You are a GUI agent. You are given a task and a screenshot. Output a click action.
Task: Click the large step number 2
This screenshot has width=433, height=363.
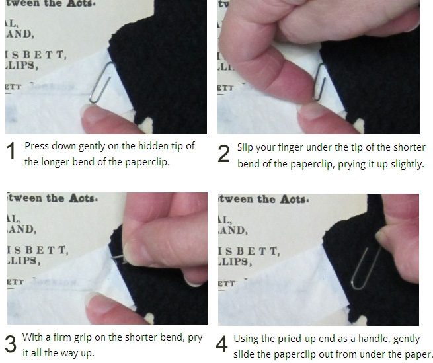coord(224,155)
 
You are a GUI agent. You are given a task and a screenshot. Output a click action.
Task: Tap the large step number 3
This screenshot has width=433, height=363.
coord(11,344)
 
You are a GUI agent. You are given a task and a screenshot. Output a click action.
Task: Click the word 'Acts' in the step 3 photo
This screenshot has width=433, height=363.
coord(82,198)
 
